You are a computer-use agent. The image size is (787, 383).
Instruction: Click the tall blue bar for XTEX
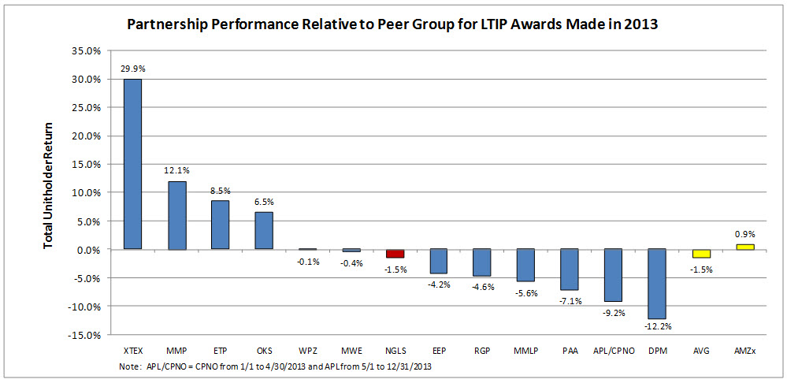132,164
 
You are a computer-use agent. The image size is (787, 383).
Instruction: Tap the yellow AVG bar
700,253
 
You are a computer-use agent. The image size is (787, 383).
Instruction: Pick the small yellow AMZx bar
744,247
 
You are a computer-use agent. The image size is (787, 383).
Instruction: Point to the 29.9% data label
132,69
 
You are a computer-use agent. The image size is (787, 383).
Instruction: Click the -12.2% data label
657,326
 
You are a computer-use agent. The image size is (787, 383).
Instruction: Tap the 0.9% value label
744,233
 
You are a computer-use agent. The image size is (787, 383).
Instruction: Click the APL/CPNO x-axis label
613,349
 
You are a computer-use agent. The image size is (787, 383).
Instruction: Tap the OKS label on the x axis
264,349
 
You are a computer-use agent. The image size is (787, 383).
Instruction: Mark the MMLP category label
525,349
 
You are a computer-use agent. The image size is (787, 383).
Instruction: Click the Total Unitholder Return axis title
49,186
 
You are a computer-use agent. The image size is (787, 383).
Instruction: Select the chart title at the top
392,24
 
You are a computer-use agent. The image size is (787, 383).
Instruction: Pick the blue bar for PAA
570,270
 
